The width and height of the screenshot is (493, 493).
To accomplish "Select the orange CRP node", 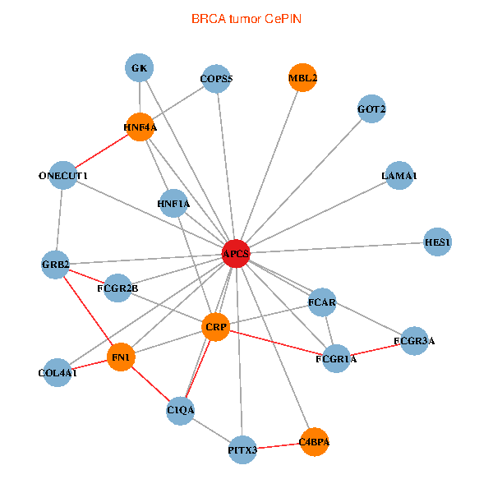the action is click(x=215, y=327).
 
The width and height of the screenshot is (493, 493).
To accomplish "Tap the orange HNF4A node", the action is click(x=140, y=127).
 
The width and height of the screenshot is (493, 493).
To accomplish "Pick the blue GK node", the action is click(x=139, y=68).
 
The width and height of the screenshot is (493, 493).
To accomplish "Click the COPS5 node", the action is click(x=217, y=80).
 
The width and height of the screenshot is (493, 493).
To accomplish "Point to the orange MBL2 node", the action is click(x=302, y=79).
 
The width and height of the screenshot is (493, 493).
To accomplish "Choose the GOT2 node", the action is click(x=371, y=108).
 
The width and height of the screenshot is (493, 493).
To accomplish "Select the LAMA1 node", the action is click(x=399, y=176).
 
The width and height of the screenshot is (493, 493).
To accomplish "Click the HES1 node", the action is click(x=437, y=242).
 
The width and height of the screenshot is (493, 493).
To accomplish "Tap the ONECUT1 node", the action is click(x=62, y=176).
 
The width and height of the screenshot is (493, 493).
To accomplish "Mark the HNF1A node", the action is click(x=173, y=203).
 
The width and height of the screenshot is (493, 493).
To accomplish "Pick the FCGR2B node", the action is click(x=117, y=288).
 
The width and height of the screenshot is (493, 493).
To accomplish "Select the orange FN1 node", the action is click(x=122, y=357).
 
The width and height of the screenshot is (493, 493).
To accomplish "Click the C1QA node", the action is click(x=180, y=409).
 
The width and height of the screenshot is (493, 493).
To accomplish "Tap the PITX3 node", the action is click(x=242, y=450).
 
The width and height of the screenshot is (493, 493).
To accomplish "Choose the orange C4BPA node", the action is click(x=314, y=442).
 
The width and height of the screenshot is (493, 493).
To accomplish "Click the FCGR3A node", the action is click(x=414, y=340).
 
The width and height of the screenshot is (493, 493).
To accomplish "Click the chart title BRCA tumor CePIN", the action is click(x=246, y=17).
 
